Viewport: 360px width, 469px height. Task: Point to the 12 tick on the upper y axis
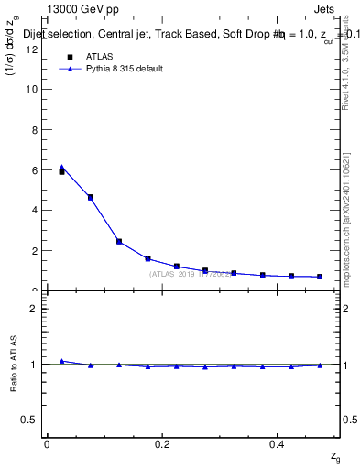click(x=32, y=49)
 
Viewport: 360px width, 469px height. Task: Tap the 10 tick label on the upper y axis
click(x=32, y=90)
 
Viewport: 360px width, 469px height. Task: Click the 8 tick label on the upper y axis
click(x=34, y=130)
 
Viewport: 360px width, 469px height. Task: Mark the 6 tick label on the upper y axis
click(x=34, y=170)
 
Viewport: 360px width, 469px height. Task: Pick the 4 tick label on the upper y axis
click(x=34, y=211)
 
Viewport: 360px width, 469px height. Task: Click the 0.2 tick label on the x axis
click(x=162, y=444)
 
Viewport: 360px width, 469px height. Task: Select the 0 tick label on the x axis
click(x=47, y=444)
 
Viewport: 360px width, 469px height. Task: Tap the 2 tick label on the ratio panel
click(x=34, y=309)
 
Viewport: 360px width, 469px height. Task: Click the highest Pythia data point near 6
click(x=61, y=168)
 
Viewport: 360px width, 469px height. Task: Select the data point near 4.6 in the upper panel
click(x=90, y=197)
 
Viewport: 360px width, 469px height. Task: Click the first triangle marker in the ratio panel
click(x=61, y=361)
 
